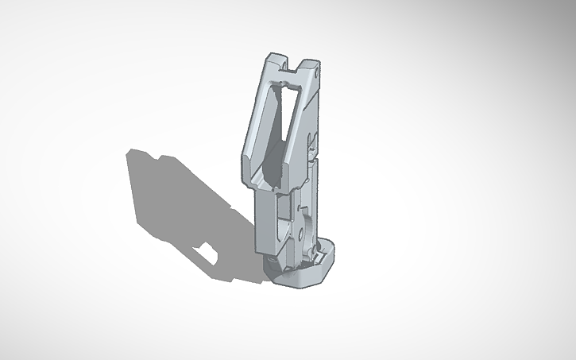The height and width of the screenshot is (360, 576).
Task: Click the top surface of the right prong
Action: coord(310,64)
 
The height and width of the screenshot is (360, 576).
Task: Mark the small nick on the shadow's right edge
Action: coord(230,211)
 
